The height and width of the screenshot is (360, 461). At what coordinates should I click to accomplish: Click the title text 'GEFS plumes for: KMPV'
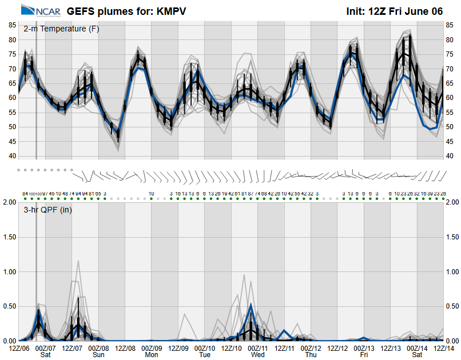tap(126, 11)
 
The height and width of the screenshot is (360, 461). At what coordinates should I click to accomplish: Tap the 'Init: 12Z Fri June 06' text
tap(395, 11)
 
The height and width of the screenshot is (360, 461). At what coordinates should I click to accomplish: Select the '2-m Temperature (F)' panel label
tap(61, 29)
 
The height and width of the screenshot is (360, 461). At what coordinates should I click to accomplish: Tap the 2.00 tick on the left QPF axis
tap(10, 202)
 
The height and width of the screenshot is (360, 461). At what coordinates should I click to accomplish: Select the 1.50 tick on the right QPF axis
tap(452, 237)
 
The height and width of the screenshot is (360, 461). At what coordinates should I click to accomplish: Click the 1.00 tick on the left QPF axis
tap(10, 271)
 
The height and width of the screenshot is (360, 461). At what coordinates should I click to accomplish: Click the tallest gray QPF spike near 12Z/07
tap(78, 261)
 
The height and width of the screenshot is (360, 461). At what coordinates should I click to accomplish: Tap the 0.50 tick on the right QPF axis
tap(452, 306)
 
